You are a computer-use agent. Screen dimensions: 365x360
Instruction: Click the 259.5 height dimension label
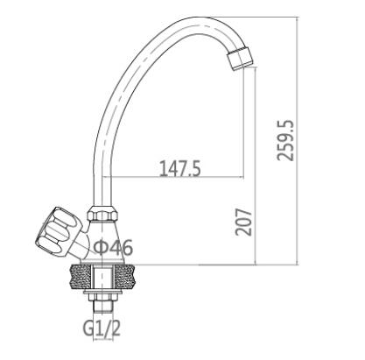tap(285, 140)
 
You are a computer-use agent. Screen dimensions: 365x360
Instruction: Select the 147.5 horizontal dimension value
tap(180, 169)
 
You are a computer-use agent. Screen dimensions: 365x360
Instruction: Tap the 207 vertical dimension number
tap(243, 222)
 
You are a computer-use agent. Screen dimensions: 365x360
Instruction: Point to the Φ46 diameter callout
tap(114, 248)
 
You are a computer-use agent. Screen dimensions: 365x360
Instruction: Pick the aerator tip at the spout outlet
tap(240, 59)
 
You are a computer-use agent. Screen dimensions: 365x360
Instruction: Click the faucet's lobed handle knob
tap(59, 230)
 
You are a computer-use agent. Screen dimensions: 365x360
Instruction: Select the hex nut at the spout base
tap(102, 214)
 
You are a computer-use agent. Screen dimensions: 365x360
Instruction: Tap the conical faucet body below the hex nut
tap(102, 241)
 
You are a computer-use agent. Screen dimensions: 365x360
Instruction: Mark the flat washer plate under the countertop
tap(102, 292)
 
